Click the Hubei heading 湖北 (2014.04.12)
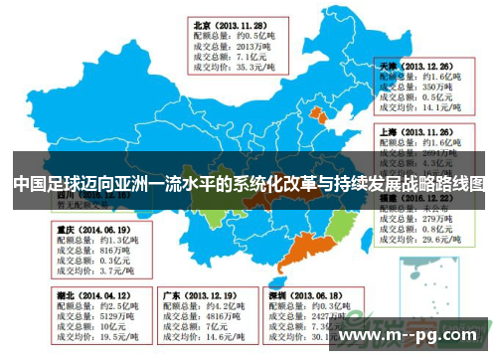tap(92, 295)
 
